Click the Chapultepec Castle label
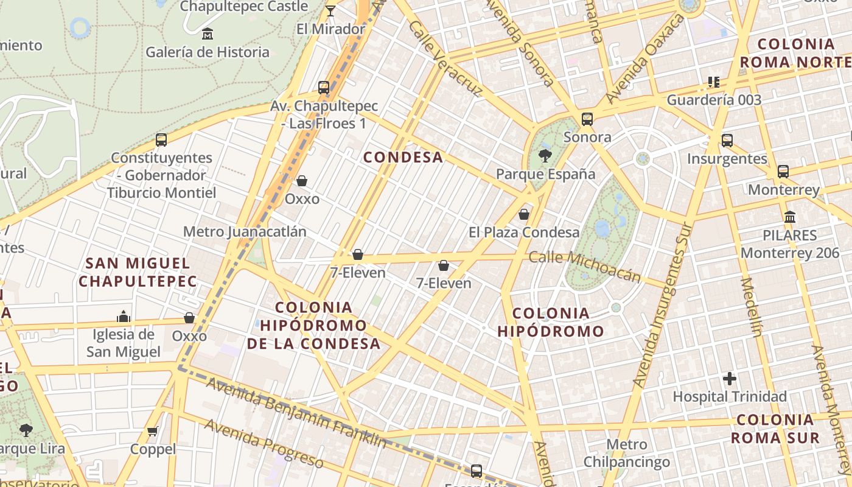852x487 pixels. pyautogui.click(x=243, y=6)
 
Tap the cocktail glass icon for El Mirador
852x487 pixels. pyautogui.click(x=330, y=10)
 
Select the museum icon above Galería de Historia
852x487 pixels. pyautogui.click(x=207, y=33)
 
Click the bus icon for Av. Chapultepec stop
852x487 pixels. pyautogui.click(x=324, y=88)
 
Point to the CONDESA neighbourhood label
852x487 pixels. pyautogui.click(x=403, y=157)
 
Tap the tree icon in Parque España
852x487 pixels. pyautogui.click(x=545, y=156)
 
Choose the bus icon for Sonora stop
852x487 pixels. pyautogui.click(x=587, y=119)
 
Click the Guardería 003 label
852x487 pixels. pyautogui.click(x=714, y=100)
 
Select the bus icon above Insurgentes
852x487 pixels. pyautogui.click(x=727, y=141)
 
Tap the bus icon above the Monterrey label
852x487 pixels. pyautogui.click(x=783, y=172)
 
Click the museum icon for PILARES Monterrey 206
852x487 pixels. pyautogui.click(x=790, y=217)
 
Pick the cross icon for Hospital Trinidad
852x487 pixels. pyautogui.click(x=729, y=379)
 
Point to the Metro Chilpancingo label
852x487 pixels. pyautogui.click(x=627, y=454)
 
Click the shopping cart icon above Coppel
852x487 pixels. pyautogui.click(x=153, y=432)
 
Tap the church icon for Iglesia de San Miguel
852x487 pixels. pyautogui.click(x=124, y=317)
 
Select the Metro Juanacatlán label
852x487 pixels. pyautogui.click(x=245, y=232)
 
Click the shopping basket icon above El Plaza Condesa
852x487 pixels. pyautogui.click(x=523, y=214)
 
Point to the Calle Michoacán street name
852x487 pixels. pyautogui.click(x=584, y=266)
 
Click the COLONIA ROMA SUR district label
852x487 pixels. pyautogui.click(x=775, y=429)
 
